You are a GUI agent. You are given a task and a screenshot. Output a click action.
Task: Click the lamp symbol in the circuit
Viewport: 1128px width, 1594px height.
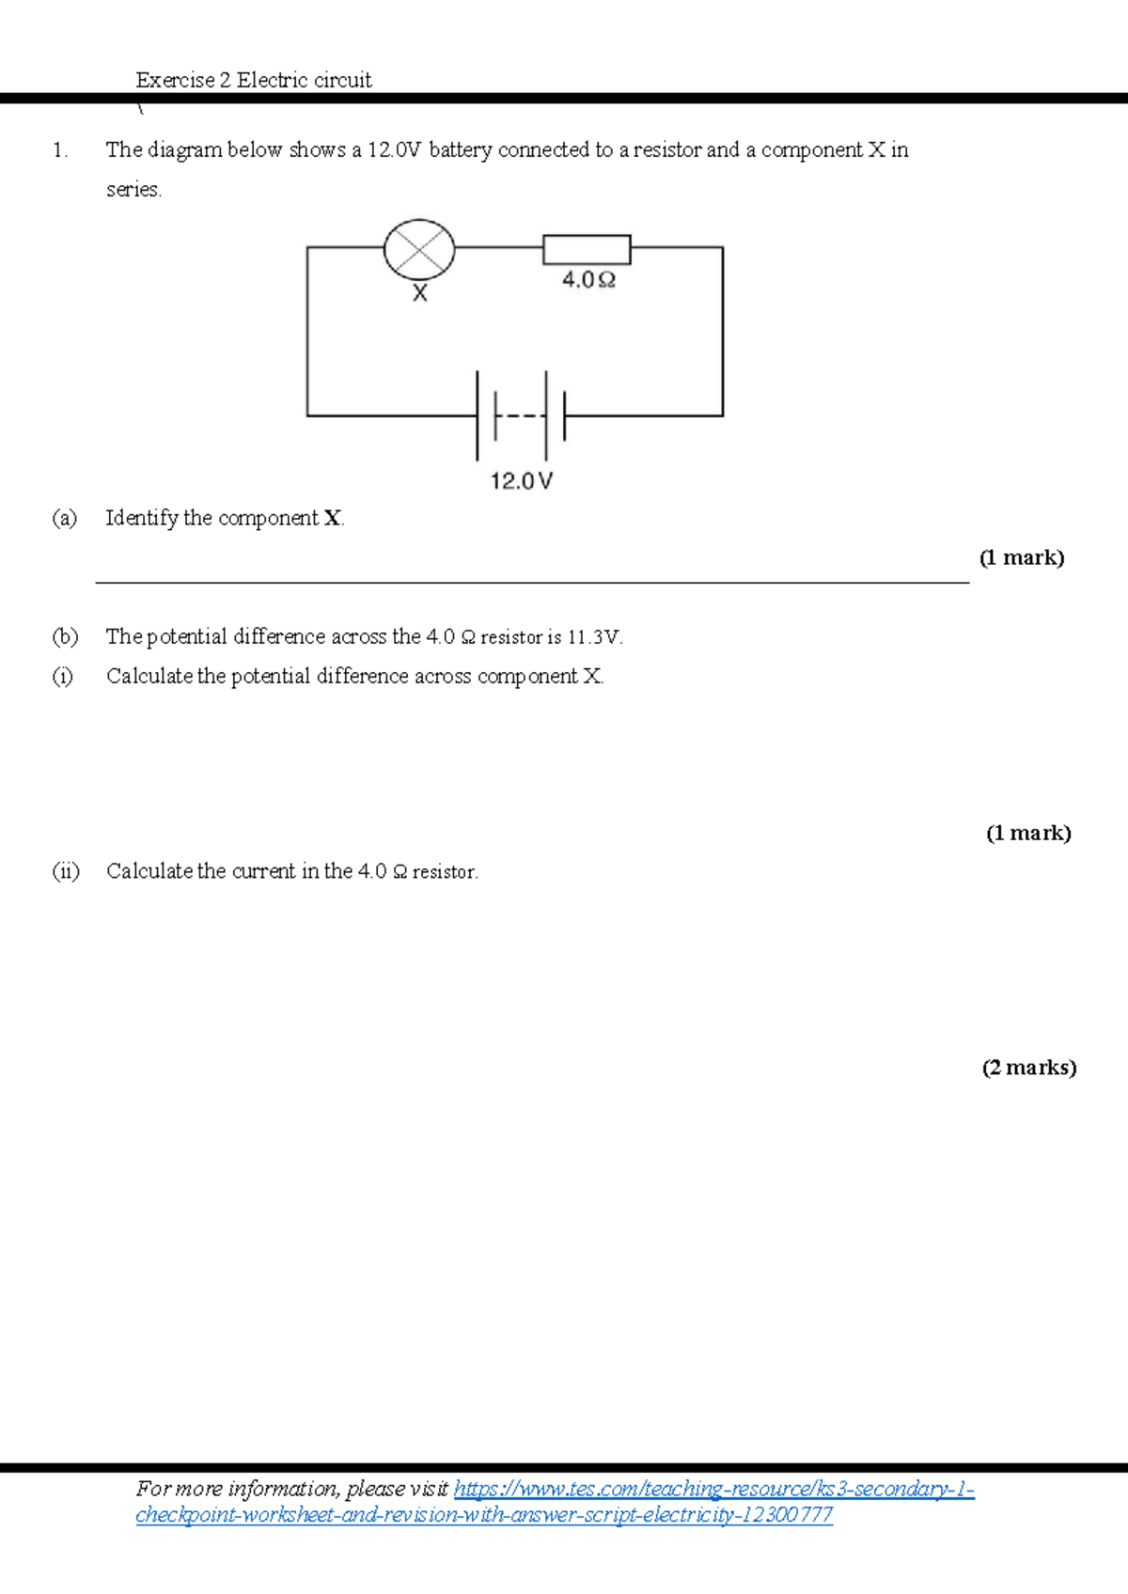click(x=419, y=249)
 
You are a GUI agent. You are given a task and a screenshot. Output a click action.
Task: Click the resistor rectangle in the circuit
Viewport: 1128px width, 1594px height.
click(x=587, y=249)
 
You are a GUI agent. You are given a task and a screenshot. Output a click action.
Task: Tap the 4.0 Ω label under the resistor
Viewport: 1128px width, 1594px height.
click(x=588, y=280)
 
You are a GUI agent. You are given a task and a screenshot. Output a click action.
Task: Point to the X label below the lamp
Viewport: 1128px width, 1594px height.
click(x=420, y=293)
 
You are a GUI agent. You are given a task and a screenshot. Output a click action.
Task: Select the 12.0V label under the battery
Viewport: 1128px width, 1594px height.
click(x=522, y=482)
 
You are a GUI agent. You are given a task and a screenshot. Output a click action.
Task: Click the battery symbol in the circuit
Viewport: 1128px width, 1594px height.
click(x=521, y=415)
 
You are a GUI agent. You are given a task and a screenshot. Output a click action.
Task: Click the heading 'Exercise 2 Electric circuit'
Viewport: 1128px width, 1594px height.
click(x=254, y=80)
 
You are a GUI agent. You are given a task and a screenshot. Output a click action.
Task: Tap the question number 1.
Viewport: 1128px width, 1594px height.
click(x=60, y=150)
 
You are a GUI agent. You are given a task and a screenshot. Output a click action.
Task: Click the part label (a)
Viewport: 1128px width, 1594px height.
click(x=64, y=518)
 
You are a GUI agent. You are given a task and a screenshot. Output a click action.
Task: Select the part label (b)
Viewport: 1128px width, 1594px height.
click(x=65, y=636)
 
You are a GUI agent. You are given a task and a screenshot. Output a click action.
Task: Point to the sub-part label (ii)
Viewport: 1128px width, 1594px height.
click(x=66, y=871)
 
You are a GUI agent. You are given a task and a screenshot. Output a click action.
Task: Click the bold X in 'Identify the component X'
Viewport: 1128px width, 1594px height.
click(x=333, y=518)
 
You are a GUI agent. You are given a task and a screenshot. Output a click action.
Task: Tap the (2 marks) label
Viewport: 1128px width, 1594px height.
click(x=1029, y=1068)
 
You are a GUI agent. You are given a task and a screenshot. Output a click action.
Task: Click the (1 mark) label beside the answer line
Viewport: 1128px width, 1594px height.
click(x=1022, y=557)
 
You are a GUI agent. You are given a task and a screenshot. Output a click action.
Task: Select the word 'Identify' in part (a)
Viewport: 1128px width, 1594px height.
click(x=142, y=518)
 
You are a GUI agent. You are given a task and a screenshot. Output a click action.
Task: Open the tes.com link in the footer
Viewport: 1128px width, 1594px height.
click(x=556, y=1502)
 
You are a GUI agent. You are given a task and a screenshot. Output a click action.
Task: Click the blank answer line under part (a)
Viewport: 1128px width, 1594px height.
click(x=532, y=582)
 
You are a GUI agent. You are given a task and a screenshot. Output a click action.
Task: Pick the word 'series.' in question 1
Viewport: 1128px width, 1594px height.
click(x=133, y=189)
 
